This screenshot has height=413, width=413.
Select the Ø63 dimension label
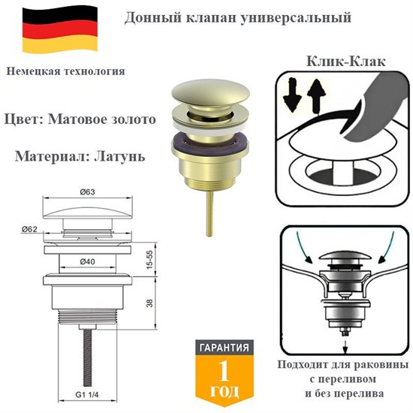89,194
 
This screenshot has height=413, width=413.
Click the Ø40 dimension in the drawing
89,262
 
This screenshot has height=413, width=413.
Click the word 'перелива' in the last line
357,393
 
